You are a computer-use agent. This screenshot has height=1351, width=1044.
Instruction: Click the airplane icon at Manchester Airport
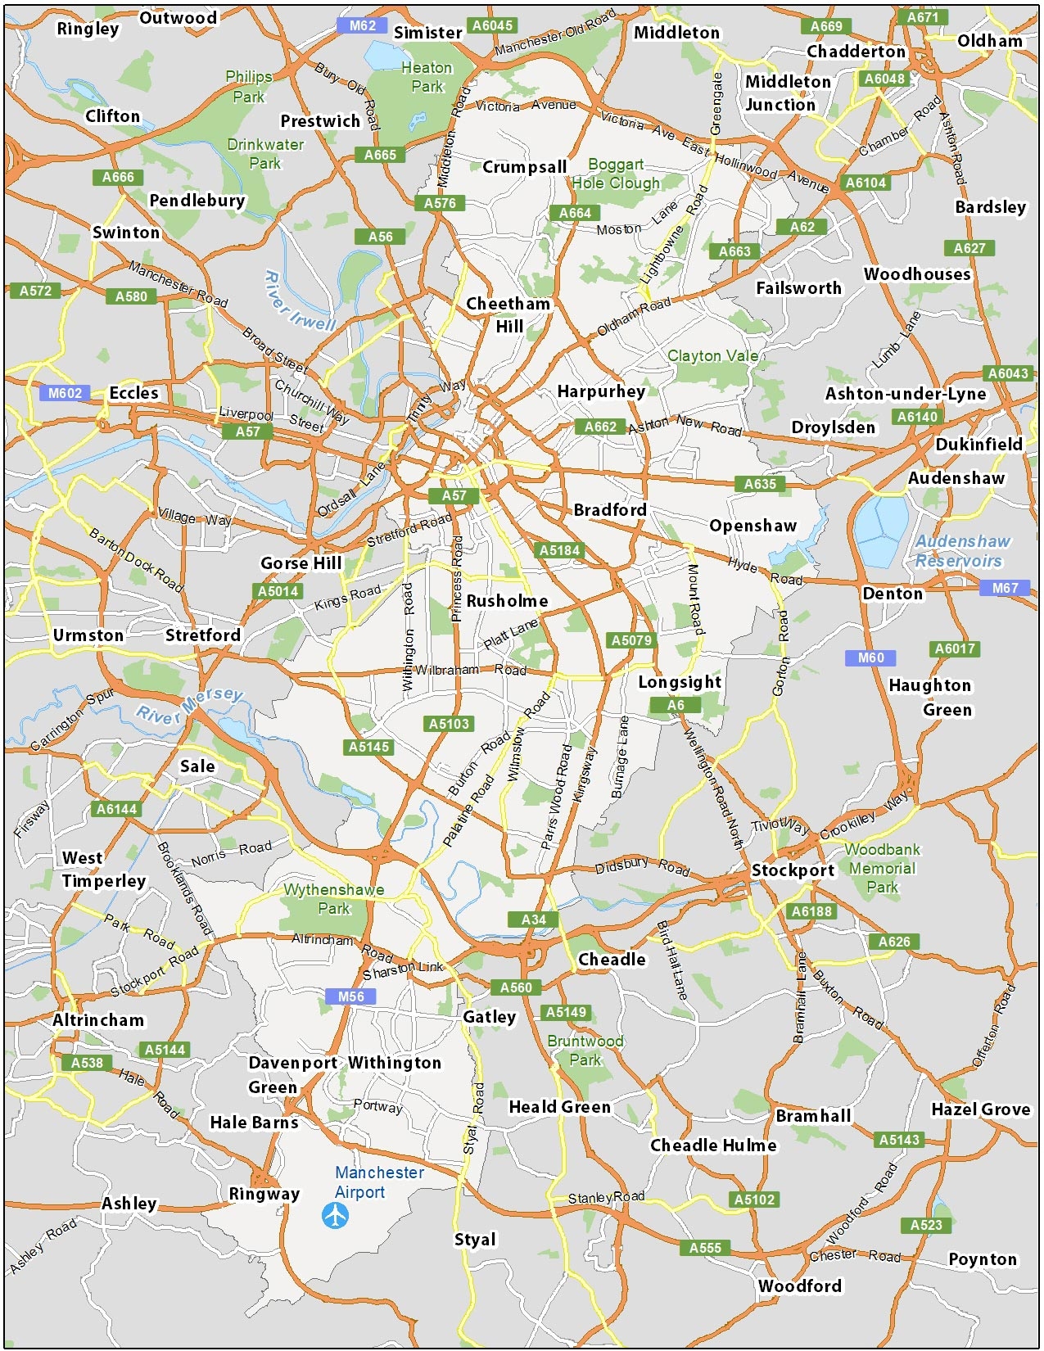pyautogui.click(x=335, y=1215)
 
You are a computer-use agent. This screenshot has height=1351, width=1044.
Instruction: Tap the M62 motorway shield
pyautogui.click(x=362, y=25)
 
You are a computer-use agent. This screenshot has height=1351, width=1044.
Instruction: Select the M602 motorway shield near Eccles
pyautogui.click(x=65, y=393)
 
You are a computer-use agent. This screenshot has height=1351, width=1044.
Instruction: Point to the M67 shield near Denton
pyautogui.click(x=1005, y=588)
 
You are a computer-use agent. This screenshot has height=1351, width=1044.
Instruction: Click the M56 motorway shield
pyautogui.click(x=350, y=996)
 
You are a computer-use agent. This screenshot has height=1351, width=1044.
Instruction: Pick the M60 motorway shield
pyautogui.click(x=870, y=657)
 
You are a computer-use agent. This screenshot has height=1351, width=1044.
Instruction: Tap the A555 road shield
pyautogui.click(x=705, y=1248)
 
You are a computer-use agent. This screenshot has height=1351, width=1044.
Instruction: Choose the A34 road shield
pyautogui.click(x=533, y=919)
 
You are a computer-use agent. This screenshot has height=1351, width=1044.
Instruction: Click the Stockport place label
pyautogui.click(x=793, y=870)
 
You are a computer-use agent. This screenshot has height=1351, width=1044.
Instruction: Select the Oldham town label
pyautogui.click(x=989, y=41)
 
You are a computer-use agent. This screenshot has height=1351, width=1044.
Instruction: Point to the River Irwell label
pyautogui.click(x=300, y=301)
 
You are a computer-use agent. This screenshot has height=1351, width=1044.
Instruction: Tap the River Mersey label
pyautogui.click(x=190, y=706)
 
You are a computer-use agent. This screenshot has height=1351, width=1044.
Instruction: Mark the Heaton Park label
pyautogui.click(x=427, y=77)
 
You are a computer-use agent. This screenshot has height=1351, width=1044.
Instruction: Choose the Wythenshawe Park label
pyautogui.click(x=333, y=899)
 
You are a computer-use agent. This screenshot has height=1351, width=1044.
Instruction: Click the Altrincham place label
pyautogui.click(x=98, y=1020)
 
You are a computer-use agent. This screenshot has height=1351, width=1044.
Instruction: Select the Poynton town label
pyautogui.click(x=982, y=1259)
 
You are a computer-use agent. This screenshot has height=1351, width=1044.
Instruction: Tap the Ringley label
pyautogui.click(x=88, y=29)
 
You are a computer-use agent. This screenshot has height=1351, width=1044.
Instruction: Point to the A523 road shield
pyautogui.click(x=926, y=1225)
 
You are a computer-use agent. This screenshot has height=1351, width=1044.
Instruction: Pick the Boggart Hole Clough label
pyautogui.click(x=616, y=174)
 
